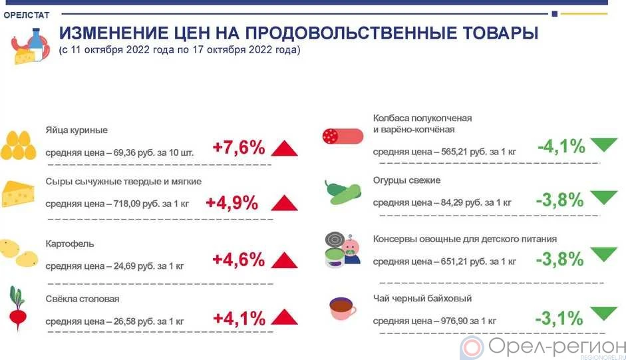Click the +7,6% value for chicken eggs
point(239,148)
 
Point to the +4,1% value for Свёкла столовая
point(239,318)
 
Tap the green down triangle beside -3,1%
point(603,313)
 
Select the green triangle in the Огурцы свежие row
point(603,198)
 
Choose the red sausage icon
point(342,136)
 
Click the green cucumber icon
point(342,192)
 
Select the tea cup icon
point(342,308)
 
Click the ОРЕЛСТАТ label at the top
point(30,15)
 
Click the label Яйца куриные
point(77,130)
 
